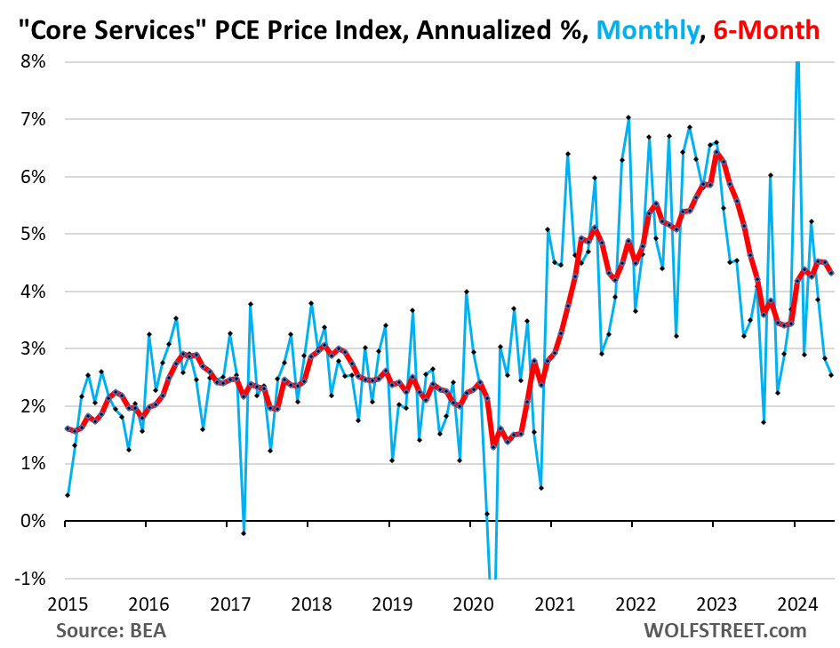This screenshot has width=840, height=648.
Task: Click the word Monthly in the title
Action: pyautogui.click(x=651, y=31)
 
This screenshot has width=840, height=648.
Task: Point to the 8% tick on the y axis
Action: pyautogui.click(x=34, y=62)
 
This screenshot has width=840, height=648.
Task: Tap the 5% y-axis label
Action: pyautogui.click(x=34, y=234)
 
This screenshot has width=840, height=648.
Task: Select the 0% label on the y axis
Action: pyautogui.click(x=34, y=521)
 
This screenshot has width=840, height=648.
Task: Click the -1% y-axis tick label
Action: pyautogui.click(x=31, y=578)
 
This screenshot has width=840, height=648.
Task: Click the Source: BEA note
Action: pyautogui.click(x=111, y=630)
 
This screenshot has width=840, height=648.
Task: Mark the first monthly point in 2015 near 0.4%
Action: pyautogui.click(x=68, y=495)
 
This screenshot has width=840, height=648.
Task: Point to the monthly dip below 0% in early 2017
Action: pyautogui.click(x=244, y=532)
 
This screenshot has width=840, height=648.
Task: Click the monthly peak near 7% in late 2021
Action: pyautogui.click(x=628, y=117)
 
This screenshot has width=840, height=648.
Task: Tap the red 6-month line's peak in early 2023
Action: pyautogui.click(x=716, y=154)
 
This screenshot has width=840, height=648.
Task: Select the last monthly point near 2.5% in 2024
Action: pyautogui.click(x=830, y=375)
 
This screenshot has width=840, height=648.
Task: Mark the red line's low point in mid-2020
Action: pyautogui.click(x=493, y=446)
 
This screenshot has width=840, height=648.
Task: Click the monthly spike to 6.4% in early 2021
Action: pyautogui.click(x=567, y=154)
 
